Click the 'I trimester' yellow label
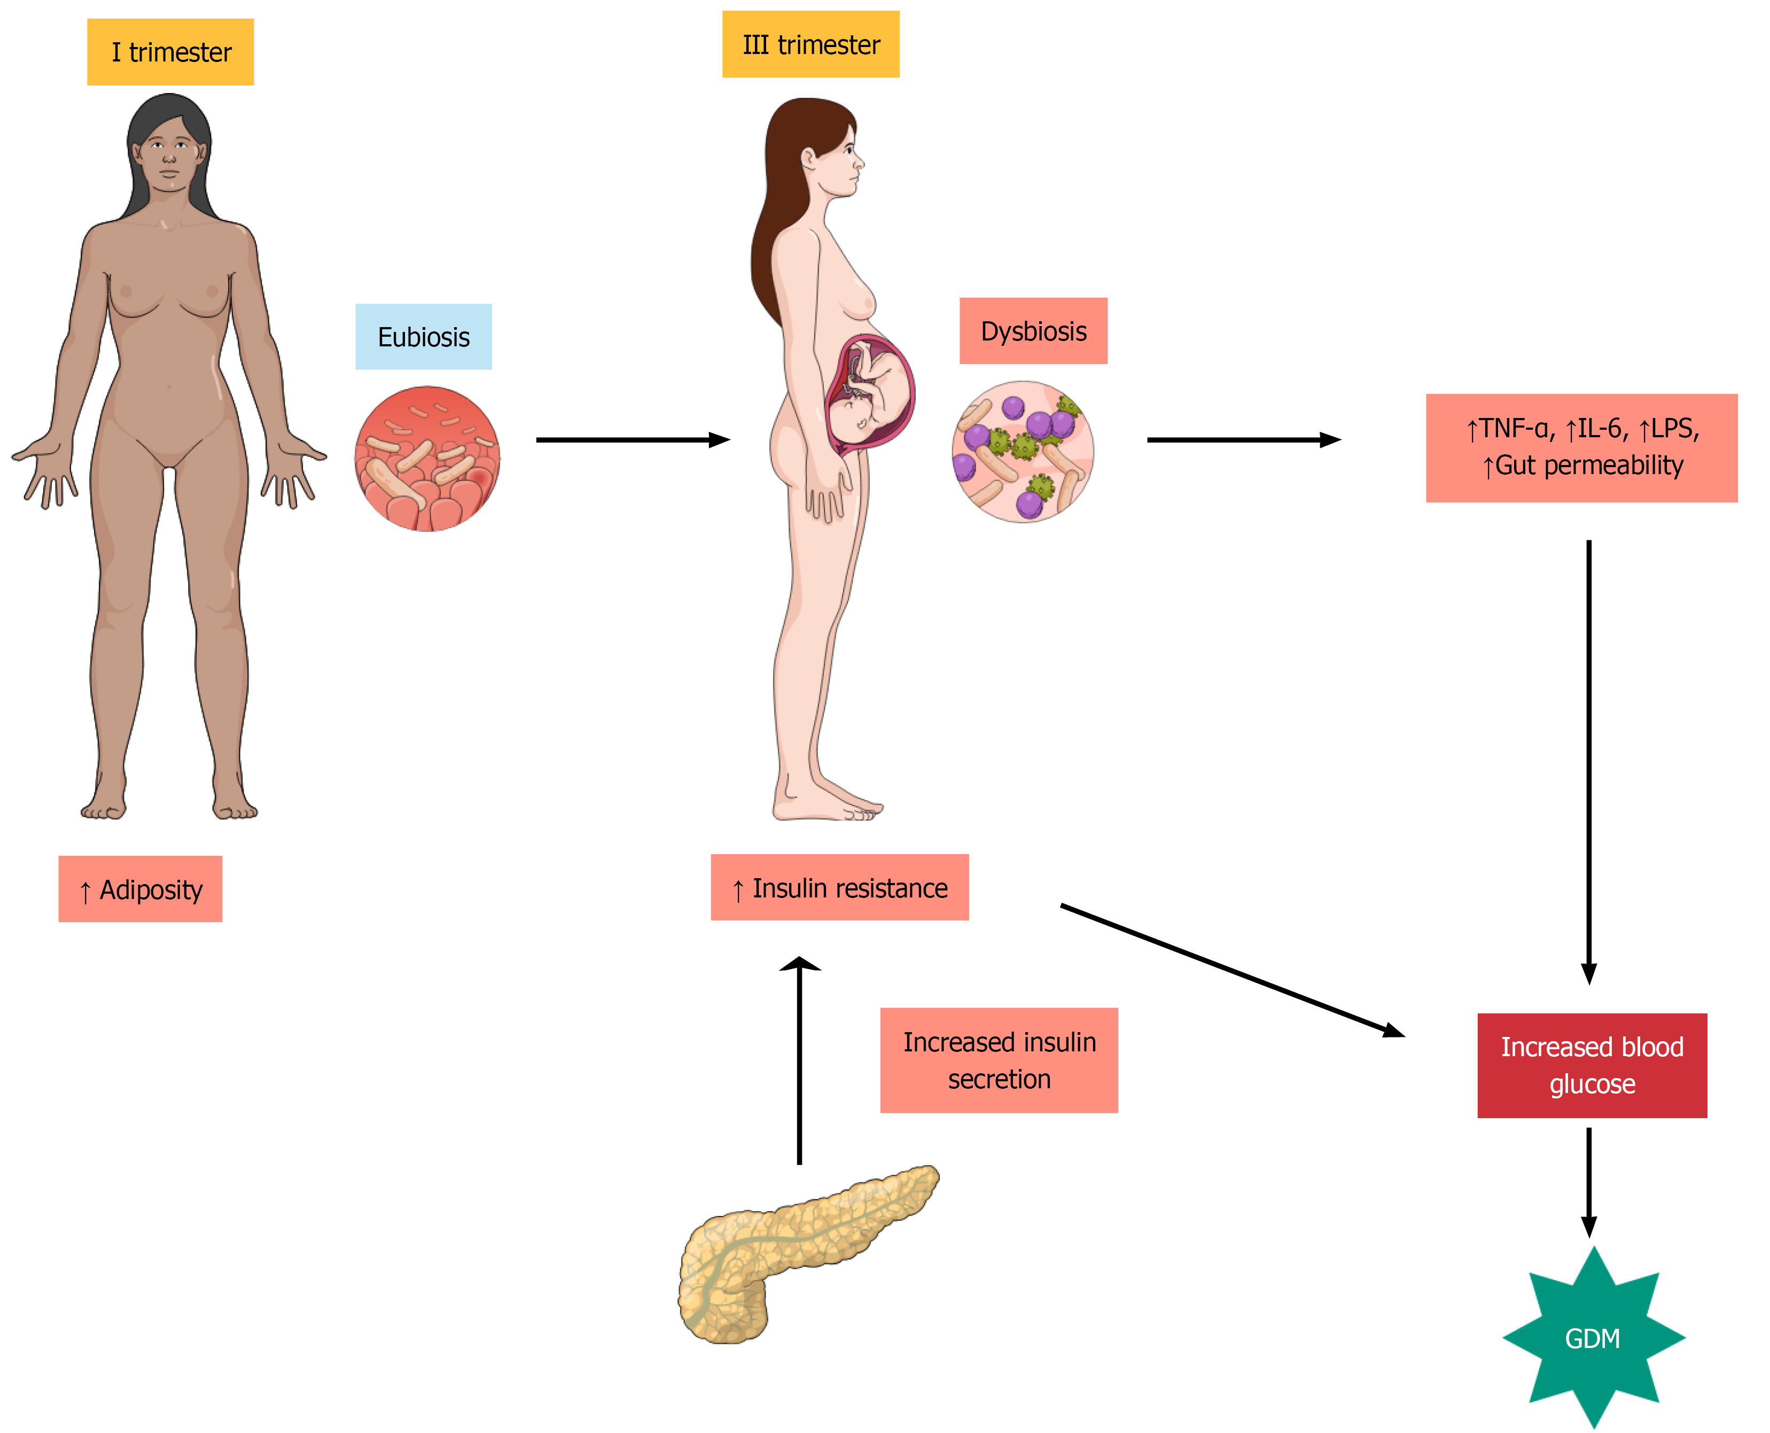point(170,52)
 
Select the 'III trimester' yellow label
point(810,44)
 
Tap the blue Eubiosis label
point(423,337)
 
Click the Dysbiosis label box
point(1033,331)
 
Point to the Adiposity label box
point(141,889)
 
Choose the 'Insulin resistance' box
point(839,887)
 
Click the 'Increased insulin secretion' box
point(999,1060)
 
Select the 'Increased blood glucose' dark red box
point(1591,1065)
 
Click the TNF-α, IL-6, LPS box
point(1581,447)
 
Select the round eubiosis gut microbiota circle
point(427,459)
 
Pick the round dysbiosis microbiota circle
point(1023,452)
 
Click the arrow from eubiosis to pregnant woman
point(632,440)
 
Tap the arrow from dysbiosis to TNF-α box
point(1243,440)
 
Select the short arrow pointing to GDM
point(1588,1180)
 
